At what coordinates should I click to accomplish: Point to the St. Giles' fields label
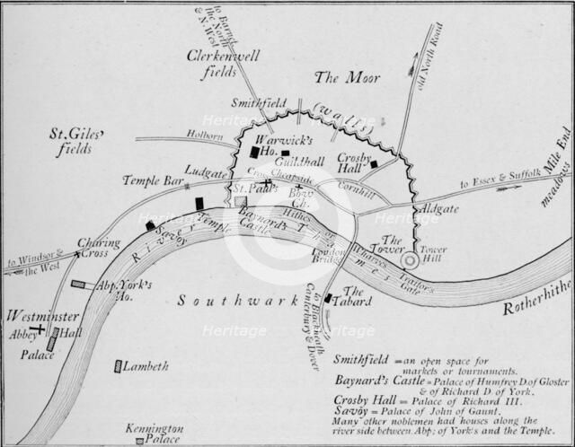point(76,142)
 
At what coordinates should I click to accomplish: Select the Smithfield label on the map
point(258,104)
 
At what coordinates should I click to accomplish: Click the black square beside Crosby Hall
point(374,164)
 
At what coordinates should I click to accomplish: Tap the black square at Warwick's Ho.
point(254,153)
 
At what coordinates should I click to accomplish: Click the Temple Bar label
point(146,180)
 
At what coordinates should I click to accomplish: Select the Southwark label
point(224,302)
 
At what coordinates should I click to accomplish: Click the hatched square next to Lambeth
point(118,366)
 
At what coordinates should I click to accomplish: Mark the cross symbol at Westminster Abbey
point(40,329)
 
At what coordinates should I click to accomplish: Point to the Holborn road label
point(205,136)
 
